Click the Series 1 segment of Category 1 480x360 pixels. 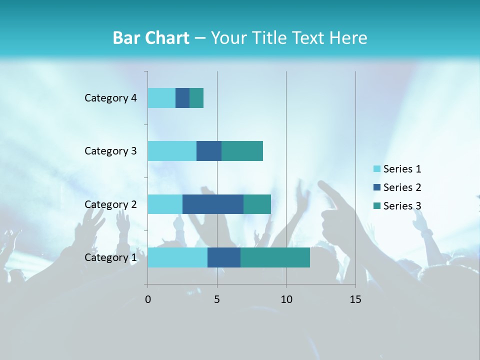tap(177, 257)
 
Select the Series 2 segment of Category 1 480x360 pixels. tap(224, 257)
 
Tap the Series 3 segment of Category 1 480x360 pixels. tap(275, 257)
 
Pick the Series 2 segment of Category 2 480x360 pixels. tap(213, 204)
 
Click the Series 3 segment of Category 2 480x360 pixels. tap(257, 204)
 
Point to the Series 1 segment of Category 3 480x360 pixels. tap(172, 151)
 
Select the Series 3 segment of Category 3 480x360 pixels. tap(242, 151)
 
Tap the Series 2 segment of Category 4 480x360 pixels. tap(182, 98)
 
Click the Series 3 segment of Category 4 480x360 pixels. tap(196, 98)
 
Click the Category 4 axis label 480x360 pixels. tap(110, 98)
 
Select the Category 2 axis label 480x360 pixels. tap(110, 204)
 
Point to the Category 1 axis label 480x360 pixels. tap(110, 257)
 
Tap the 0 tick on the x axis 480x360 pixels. tap(148, 299)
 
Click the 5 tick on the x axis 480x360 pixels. tap(217, 299)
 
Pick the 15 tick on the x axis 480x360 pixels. tap(355, 299)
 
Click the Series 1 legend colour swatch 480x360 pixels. tap(377, 169)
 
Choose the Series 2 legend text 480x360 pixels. tap(402, 187)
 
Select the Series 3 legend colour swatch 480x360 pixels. tap(377, 206)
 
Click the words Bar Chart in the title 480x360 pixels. tap(151, 38)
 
